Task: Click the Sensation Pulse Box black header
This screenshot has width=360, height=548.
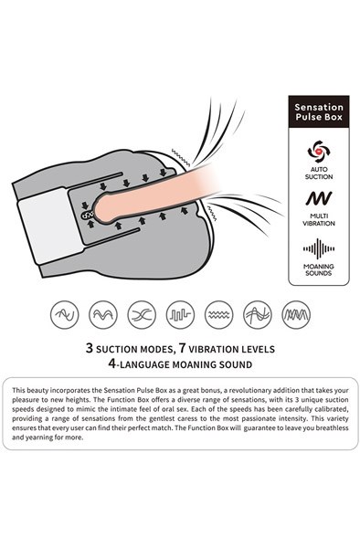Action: point(318,111)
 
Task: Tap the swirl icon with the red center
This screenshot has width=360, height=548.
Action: point(319,152)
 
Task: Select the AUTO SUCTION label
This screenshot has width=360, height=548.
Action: point(319,173)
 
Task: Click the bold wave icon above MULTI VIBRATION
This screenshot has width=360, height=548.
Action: point(319,198)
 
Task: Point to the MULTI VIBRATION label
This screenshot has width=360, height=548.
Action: point(319,220)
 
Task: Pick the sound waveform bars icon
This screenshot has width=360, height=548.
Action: point(319,248)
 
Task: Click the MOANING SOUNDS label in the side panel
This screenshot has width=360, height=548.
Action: point(319,269)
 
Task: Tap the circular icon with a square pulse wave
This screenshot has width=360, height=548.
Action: point(180,314)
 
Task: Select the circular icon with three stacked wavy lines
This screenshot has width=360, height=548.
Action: point(218,314)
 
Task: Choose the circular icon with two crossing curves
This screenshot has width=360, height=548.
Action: point(142,314)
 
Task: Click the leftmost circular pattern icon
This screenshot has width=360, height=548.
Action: point(65,314)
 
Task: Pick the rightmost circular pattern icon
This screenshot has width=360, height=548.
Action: point(296,314)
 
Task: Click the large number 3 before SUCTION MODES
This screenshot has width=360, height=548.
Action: point(90,348)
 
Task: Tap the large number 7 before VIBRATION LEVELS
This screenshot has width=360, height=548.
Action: point(182,348)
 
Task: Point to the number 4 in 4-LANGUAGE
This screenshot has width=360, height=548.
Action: point(111,364)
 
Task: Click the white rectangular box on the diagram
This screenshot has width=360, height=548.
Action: point(51,226)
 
